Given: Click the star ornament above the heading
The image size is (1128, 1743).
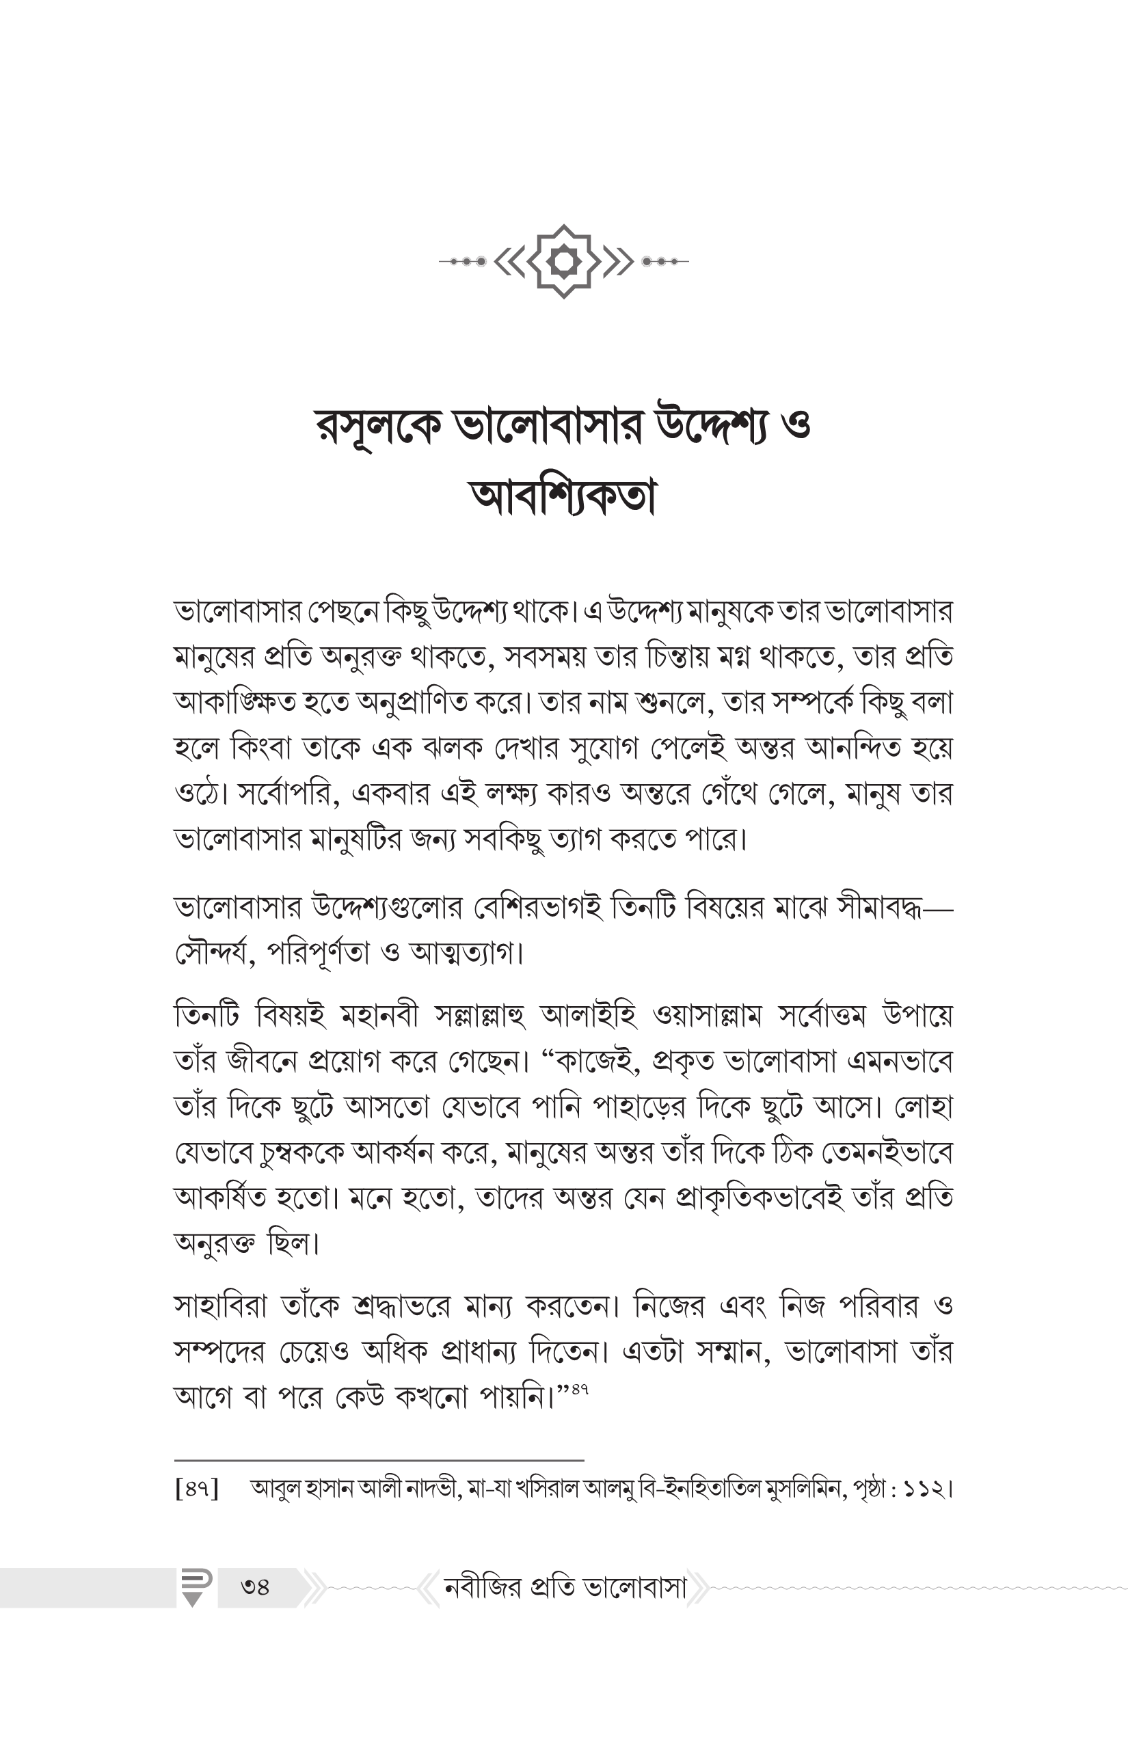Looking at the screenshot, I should coord(563,260).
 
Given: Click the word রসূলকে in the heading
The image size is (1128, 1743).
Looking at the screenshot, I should coord(379,427).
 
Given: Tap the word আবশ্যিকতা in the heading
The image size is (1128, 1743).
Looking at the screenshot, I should coord(563,498).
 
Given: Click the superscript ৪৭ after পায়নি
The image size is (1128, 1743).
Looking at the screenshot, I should coord(580,1388).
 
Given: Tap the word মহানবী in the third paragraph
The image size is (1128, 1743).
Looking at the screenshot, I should coord(379,1016).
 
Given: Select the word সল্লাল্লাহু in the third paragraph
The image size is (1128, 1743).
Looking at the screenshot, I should coord(481,1016).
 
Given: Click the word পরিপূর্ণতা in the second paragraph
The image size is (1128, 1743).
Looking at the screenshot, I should coord(318,954).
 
